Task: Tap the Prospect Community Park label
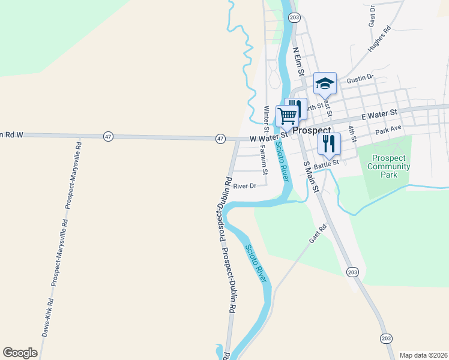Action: (388, 163)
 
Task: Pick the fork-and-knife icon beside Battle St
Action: (329, 143)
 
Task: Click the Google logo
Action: (20, 353)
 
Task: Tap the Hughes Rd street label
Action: (379, 41)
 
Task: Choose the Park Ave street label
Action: (388, 131)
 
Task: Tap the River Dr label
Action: (245, 186)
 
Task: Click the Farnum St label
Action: (263, 160)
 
